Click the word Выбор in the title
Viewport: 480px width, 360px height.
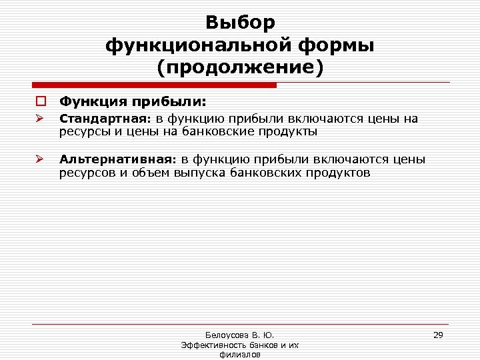point(240,23)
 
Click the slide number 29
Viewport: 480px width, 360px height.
point(438,335)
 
